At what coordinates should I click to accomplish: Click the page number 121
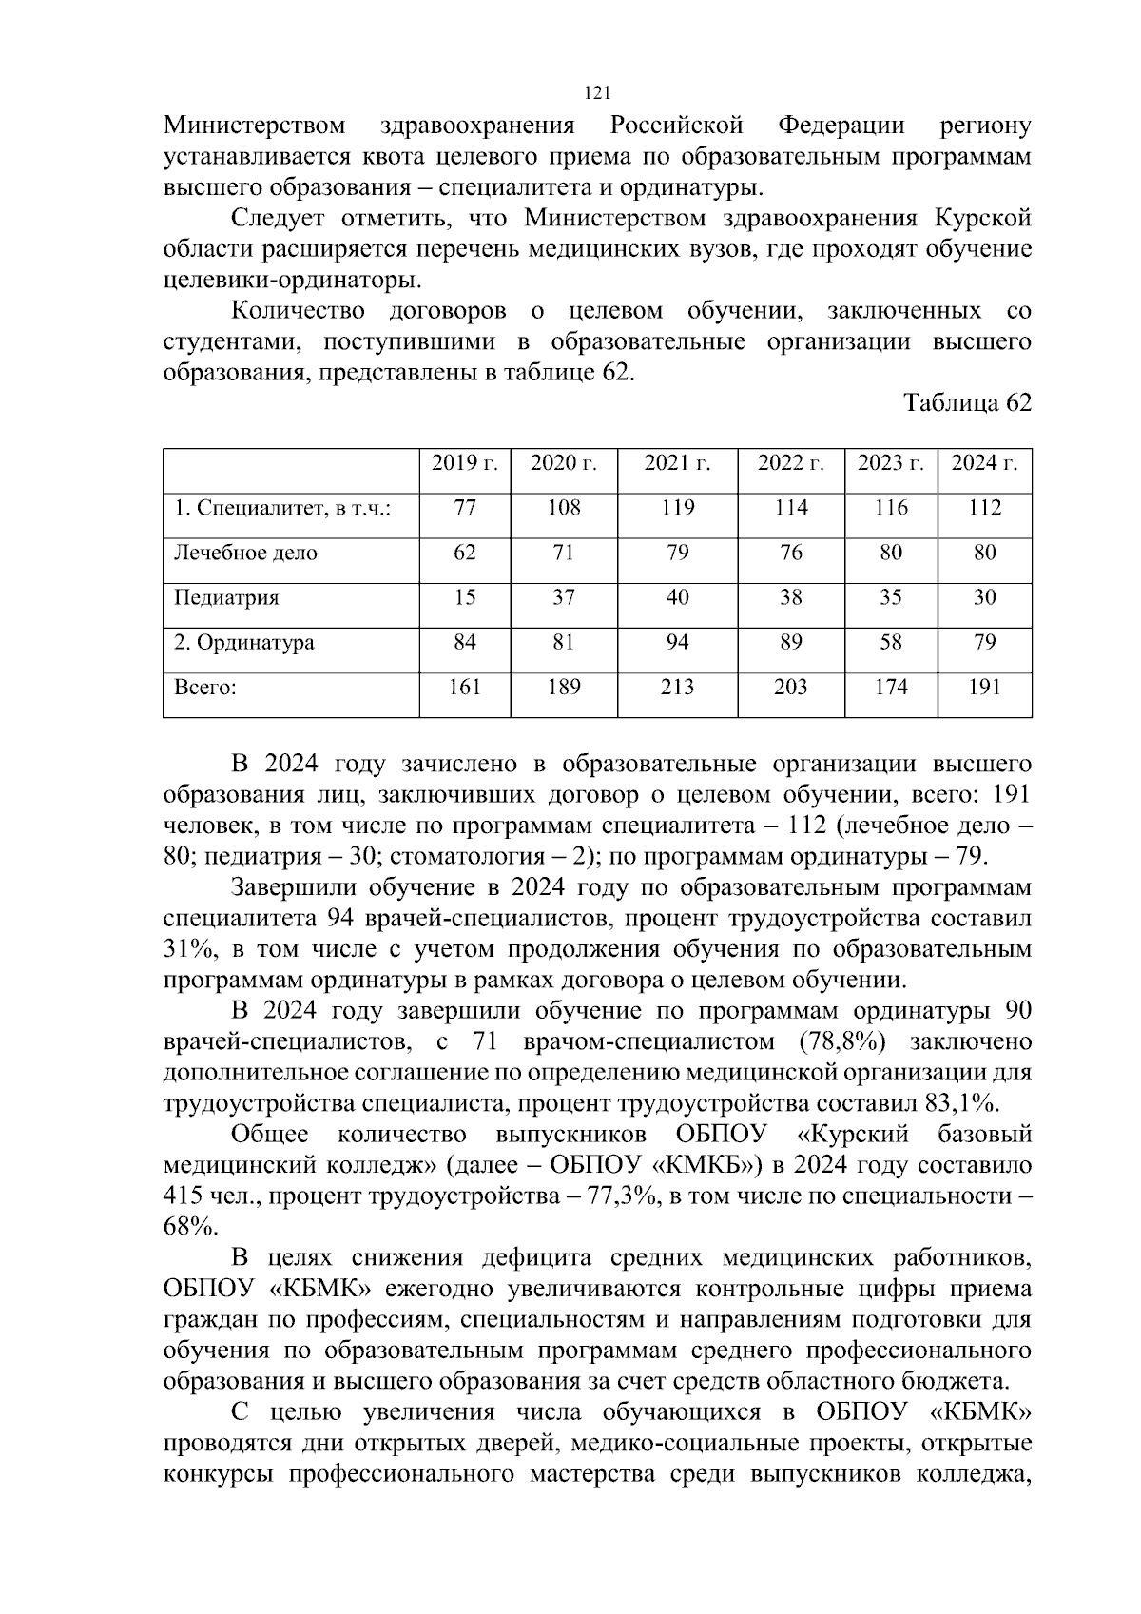[595, 93]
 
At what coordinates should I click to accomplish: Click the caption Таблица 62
[967, 403]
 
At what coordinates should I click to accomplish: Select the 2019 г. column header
[465, 463]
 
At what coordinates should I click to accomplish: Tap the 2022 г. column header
[790, 463]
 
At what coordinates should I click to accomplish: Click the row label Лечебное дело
[245, 553]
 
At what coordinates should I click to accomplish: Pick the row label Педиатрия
[226, 598]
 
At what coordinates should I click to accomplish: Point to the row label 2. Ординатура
[243, 643]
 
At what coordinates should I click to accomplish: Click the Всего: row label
[204, 688]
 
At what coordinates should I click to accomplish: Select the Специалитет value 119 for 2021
[677, 508]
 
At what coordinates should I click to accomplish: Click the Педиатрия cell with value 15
[465, 598]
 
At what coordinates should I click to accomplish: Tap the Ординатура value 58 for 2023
[891, 643]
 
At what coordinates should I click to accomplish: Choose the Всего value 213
[677, 688]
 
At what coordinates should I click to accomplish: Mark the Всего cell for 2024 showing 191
[984, 688]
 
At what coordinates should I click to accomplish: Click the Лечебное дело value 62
[465, 553]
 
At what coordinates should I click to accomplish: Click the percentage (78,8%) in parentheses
[842, 1041]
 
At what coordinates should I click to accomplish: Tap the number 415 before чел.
[183, 1196]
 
